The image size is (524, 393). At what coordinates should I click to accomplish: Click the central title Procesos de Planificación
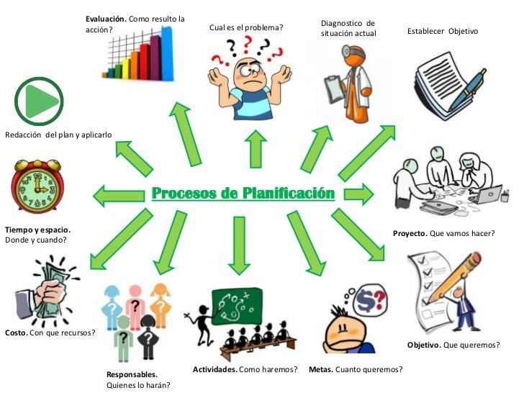point(243,194)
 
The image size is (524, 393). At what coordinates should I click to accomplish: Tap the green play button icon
point(39,101)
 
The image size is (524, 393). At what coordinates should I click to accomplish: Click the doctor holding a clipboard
point(344,83)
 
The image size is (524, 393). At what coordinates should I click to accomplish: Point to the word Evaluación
point(107,19)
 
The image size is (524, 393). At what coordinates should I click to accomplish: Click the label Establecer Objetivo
point(442,31)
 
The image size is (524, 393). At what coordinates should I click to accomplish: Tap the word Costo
point(17,333)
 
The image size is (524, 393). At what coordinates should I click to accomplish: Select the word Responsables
point(132,374)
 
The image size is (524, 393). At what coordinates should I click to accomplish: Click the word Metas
point(320,369)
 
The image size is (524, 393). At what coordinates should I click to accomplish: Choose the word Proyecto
point(410,233)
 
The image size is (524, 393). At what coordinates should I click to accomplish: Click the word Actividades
point(214,369)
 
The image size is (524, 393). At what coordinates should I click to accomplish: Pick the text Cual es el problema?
point(246,28)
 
